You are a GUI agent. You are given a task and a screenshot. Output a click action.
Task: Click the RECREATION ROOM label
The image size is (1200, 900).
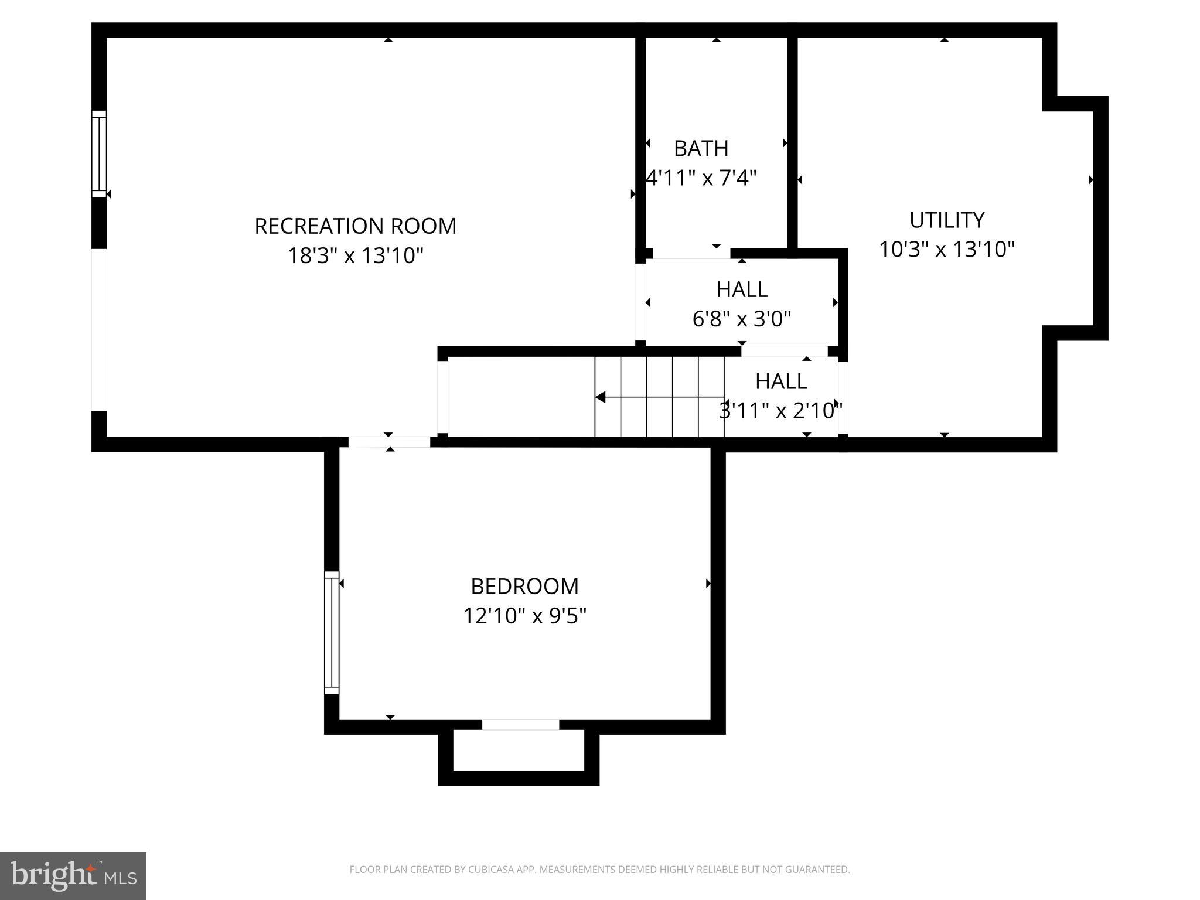point(355,226)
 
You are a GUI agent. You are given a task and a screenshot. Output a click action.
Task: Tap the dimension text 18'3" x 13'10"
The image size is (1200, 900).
point(355,256)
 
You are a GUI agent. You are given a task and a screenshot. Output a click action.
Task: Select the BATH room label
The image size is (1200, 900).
point(701,149)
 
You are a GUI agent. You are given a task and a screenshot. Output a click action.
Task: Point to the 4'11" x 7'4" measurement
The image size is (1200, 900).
point(701,178)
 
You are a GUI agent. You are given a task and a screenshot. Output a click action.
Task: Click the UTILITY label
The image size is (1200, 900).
point(946,220)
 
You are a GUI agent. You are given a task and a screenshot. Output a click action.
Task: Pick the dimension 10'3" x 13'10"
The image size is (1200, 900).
point(946,250)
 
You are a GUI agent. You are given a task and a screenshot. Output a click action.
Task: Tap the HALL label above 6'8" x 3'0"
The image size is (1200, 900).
point(741,289)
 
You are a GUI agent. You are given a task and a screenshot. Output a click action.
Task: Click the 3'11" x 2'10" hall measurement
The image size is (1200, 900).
point(780,411)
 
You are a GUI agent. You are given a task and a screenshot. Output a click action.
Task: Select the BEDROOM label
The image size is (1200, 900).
point(524,587)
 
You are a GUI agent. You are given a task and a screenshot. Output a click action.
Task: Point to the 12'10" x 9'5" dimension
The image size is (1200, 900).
point(524,616)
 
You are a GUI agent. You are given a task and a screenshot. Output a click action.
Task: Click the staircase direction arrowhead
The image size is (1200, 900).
point(601,397)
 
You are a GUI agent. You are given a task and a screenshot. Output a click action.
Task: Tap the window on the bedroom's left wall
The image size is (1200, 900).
point(332,632)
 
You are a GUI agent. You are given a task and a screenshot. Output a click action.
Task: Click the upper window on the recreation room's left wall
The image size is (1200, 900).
point(99,154)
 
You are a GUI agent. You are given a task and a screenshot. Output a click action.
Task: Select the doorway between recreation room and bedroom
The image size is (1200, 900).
point(389,442)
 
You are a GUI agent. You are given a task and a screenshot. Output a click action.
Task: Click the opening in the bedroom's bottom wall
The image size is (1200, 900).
point(520,725)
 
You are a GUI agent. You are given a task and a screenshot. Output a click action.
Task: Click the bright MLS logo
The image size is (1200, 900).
point(73,875)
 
